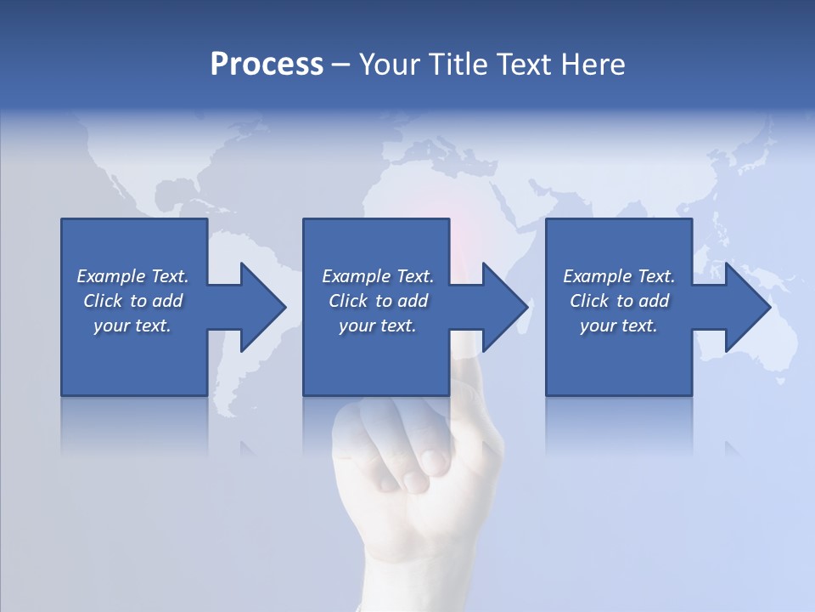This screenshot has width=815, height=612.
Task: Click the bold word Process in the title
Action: [267, 65]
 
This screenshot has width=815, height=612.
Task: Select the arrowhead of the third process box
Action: [746, 307]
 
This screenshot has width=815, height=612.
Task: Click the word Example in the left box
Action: [110, 276]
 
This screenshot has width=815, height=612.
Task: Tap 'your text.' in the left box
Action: [132, 326]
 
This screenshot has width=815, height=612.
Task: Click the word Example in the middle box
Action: [356, 276]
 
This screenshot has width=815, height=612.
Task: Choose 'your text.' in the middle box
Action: [377, 326]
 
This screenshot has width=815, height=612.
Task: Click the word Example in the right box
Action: [597, 276]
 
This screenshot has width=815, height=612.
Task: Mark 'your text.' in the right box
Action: [619, 326]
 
